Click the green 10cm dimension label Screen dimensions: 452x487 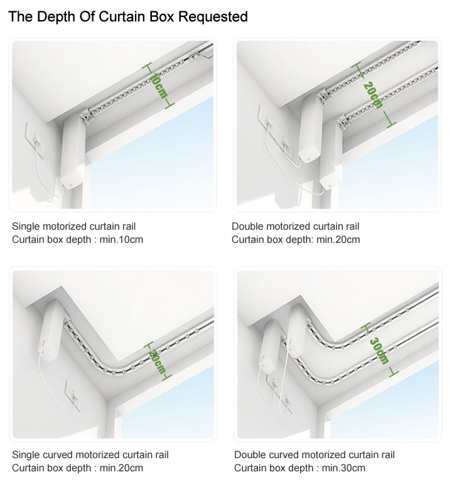[159, 86]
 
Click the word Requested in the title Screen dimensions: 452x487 [213, 17]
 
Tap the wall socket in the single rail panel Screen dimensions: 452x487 [35, 137]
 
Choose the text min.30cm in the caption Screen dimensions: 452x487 [343, 468]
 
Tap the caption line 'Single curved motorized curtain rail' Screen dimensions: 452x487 [90, 455]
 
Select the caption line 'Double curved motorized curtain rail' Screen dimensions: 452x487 [315, 455]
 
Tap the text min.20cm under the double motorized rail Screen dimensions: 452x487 [338, 240]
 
